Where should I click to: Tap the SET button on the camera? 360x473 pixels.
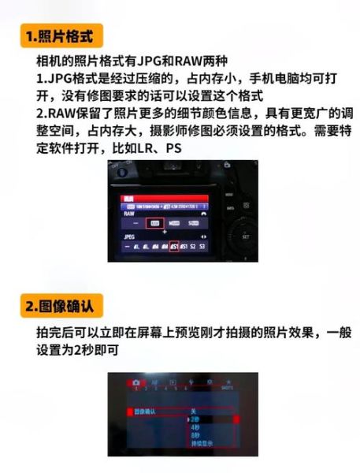pos(245,236)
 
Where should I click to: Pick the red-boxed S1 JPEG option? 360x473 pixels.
pos(174,247)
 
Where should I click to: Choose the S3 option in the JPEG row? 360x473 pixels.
pos(202,247)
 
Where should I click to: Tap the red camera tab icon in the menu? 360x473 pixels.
pos(135,382)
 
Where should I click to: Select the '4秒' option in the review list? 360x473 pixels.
pos(195,428)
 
